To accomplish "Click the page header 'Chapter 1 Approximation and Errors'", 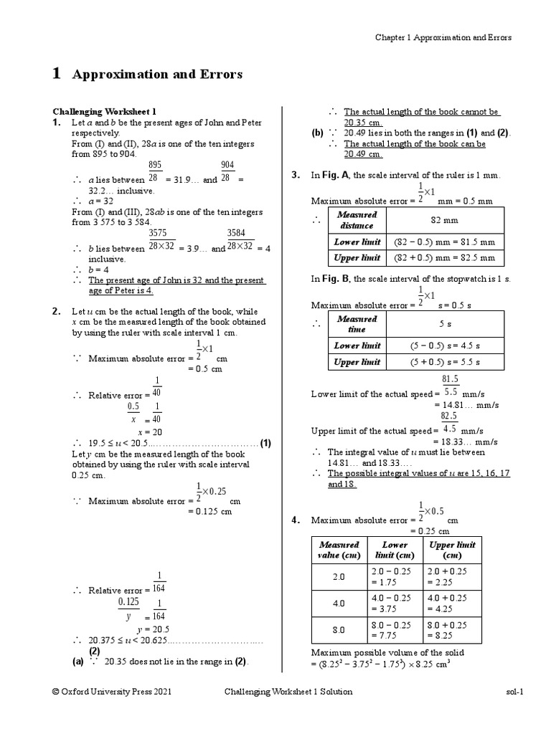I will tap(444, 38).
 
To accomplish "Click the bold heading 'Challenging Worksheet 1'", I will tap(103, 112).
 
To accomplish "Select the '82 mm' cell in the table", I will tap(445, 220).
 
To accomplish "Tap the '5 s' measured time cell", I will tap(445, 324).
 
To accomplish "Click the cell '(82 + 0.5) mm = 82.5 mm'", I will tap(445, 257).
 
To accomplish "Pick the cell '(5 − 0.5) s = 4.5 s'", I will tap(445, 345).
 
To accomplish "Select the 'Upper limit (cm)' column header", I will tap(452, 550).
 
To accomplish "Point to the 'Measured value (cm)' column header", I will tap(339, 550).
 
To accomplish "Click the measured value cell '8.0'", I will tap(339, 629).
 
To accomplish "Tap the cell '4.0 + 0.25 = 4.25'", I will tap(452, 603).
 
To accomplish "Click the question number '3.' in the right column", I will tap(295, 175).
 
